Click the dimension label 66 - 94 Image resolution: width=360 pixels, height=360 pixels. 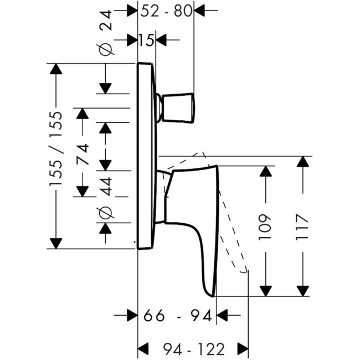[177, 316]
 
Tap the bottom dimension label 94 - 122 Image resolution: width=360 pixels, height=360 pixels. [193, 349]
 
